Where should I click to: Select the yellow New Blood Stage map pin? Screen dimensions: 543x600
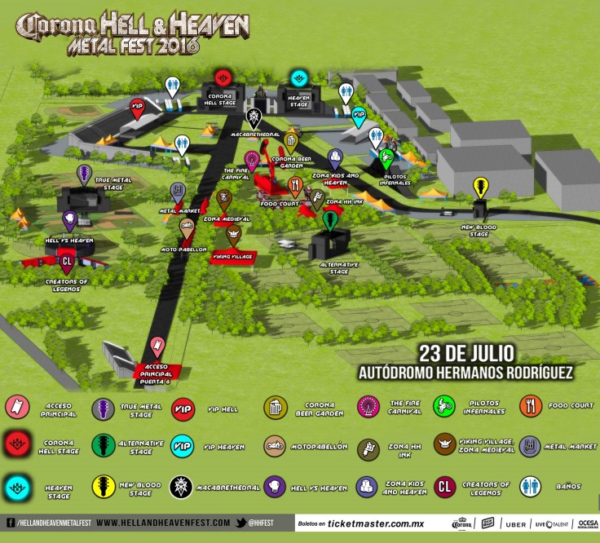pos(482,187)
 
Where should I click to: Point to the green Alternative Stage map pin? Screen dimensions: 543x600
pos(330,220)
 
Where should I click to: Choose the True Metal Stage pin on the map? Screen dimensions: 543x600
pos(83,173)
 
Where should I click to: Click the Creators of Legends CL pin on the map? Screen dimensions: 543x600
pos(67,260)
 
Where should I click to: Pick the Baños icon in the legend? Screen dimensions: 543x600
pos(531,487)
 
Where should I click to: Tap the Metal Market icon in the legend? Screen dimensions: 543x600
pos(531,446)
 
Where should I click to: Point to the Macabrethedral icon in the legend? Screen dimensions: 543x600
pos(185,487)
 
